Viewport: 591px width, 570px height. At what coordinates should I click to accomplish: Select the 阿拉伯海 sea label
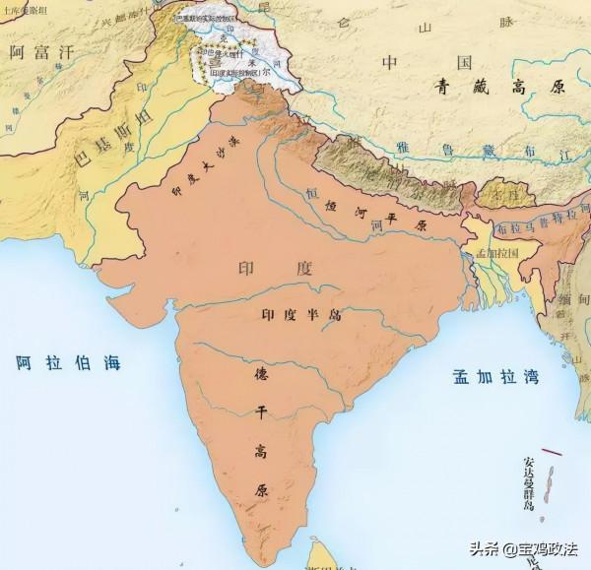pos(68,362)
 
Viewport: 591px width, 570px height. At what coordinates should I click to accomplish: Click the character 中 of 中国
pos(390,62)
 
